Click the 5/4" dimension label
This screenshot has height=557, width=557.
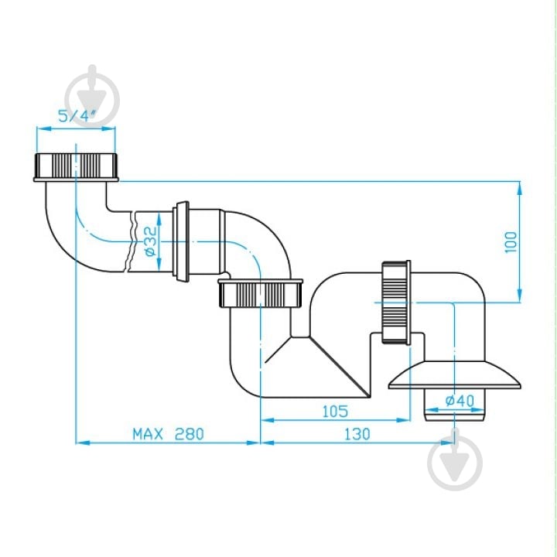77,116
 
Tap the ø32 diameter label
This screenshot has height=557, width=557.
151,241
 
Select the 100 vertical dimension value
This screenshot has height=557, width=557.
511,242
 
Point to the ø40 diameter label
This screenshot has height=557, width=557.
460,401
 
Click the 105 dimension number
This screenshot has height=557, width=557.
335,412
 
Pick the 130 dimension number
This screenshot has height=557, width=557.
357,434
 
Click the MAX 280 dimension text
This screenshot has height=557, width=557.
169,434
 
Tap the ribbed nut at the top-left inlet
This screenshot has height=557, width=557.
76,167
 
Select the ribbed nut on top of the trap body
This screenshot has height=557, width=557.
261,293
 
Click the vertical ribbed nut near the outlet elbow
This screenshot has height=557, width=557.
396,302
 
